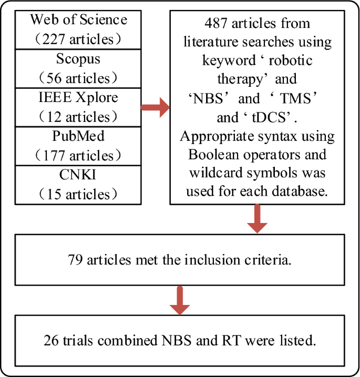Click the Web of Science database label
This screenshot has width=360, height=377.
click(x=78, y=20)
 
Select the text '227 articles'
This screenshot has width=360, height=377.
click(x=78, y=39)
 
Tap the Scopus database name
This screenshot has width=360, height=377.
click(x=78, y=58)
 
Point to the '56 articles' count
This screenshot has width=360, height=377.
click(x=78, y=78)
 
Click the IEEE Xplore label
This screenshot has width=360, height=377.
click(x=78, y=97)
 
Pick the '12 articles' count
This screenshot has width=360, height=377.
click(x=78, y=117)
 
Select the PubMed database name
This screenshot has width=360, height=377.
click(x=78, y=136)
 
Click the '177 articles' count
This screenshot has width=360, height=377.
click(x=78, y=156)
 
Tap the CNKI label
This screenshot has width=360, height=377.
click(x=78, y=175)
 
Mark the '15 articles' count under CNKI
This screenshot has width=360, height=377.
click(x=78, y=194)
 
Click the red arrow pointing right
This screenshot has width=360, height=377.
click(x=156, y=108)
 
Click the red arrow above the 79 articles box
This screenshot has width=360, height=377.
click(x=258, y=218)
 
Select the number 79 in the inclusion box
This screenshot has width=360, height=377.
click(x=76, y=260)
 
